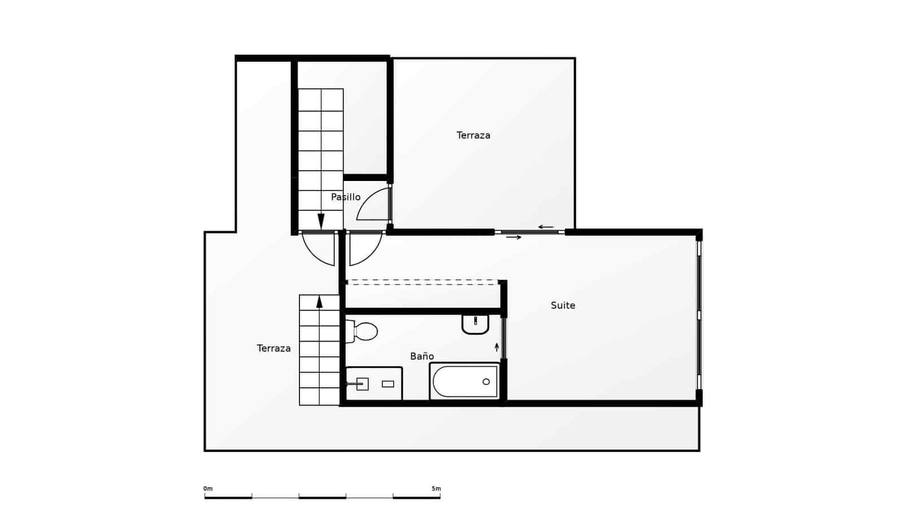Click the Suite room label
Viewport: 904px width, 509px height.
coord(563,305)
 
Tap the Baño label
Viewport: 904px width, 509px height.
coord(422,356)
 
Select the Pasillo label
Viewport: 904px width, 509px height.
coord(345,197)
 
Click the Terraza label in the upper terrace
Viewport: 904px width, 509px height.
coord(473,135)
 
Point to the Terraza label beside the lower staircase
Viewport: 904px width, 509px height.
coord(273,348)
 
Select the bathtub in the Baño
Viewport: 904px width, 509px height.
coord(464,381)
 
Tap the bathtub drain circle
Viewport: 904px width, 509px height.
coord(486,382)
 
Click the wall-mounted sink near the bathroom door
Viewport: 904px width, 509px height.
coord(475,324)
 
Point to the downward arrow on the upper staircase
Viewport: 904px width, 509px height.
coord(321,221)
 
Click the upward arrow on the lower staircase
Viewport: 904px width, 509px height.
coord(319,301)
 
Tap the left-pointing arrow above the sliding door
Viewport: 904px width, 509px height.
coord(545,227)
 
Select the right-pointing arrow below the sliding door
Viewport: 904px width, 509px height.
coord(514,238)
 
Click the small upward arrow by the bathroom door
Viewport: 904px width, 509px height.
coord(497,347)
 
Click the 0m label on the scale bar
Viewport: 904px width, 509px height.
coord(208,489)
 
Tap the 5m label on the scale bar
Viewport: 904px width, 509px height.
coord(436,489)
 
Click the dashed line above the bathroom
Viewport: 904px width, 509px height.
coord(423,282)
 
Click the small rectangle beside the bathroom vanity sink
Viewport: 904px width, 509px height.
coord(388,384)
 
